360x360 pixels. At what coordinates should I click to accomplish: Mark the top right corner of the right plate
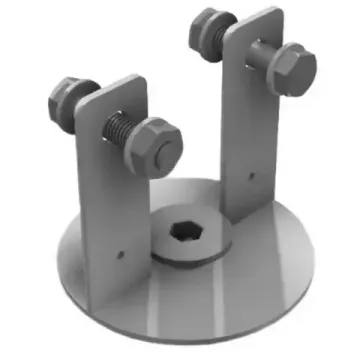click(278, 12)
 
